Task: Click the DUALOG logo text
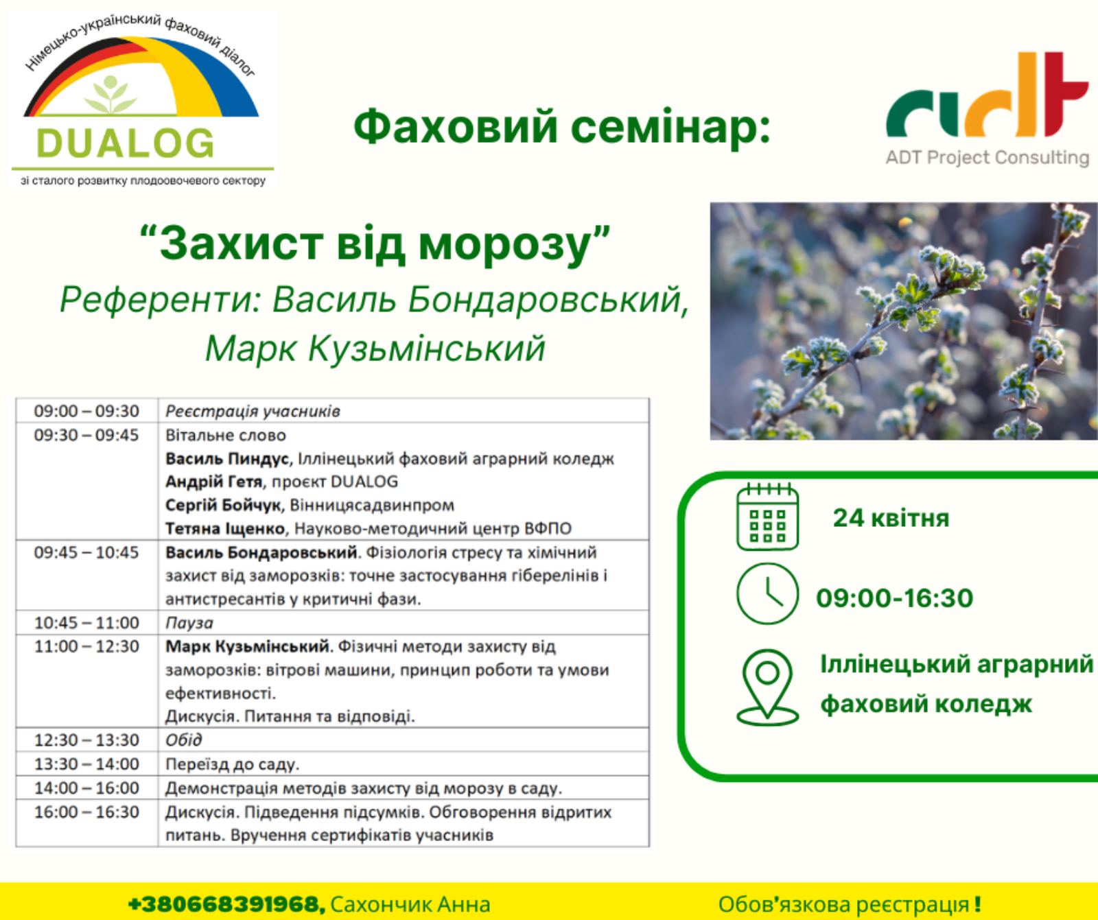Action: tap(125, 142)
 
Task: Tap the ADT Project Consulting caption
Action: tap(988, 158)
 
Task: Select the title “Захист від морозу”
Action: tap(375, 244)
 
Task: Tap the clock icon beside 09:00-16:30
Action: tap(767, 594)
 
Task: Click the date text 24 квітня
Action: tap(891, 517)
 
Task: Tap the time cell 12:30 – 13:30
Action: tap(86, 740)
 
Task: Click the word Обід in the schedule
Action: tap(184, 740)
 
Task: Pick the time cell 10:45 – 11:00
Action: tap(86, 623)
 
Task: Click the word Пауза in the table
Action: tap(189, 623)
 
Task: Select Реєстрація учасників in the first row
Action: tap(253, 411)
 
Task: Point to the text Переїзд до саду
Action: tap(233, 764)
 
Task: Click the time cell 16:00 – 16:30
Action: tap(86, 812)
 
